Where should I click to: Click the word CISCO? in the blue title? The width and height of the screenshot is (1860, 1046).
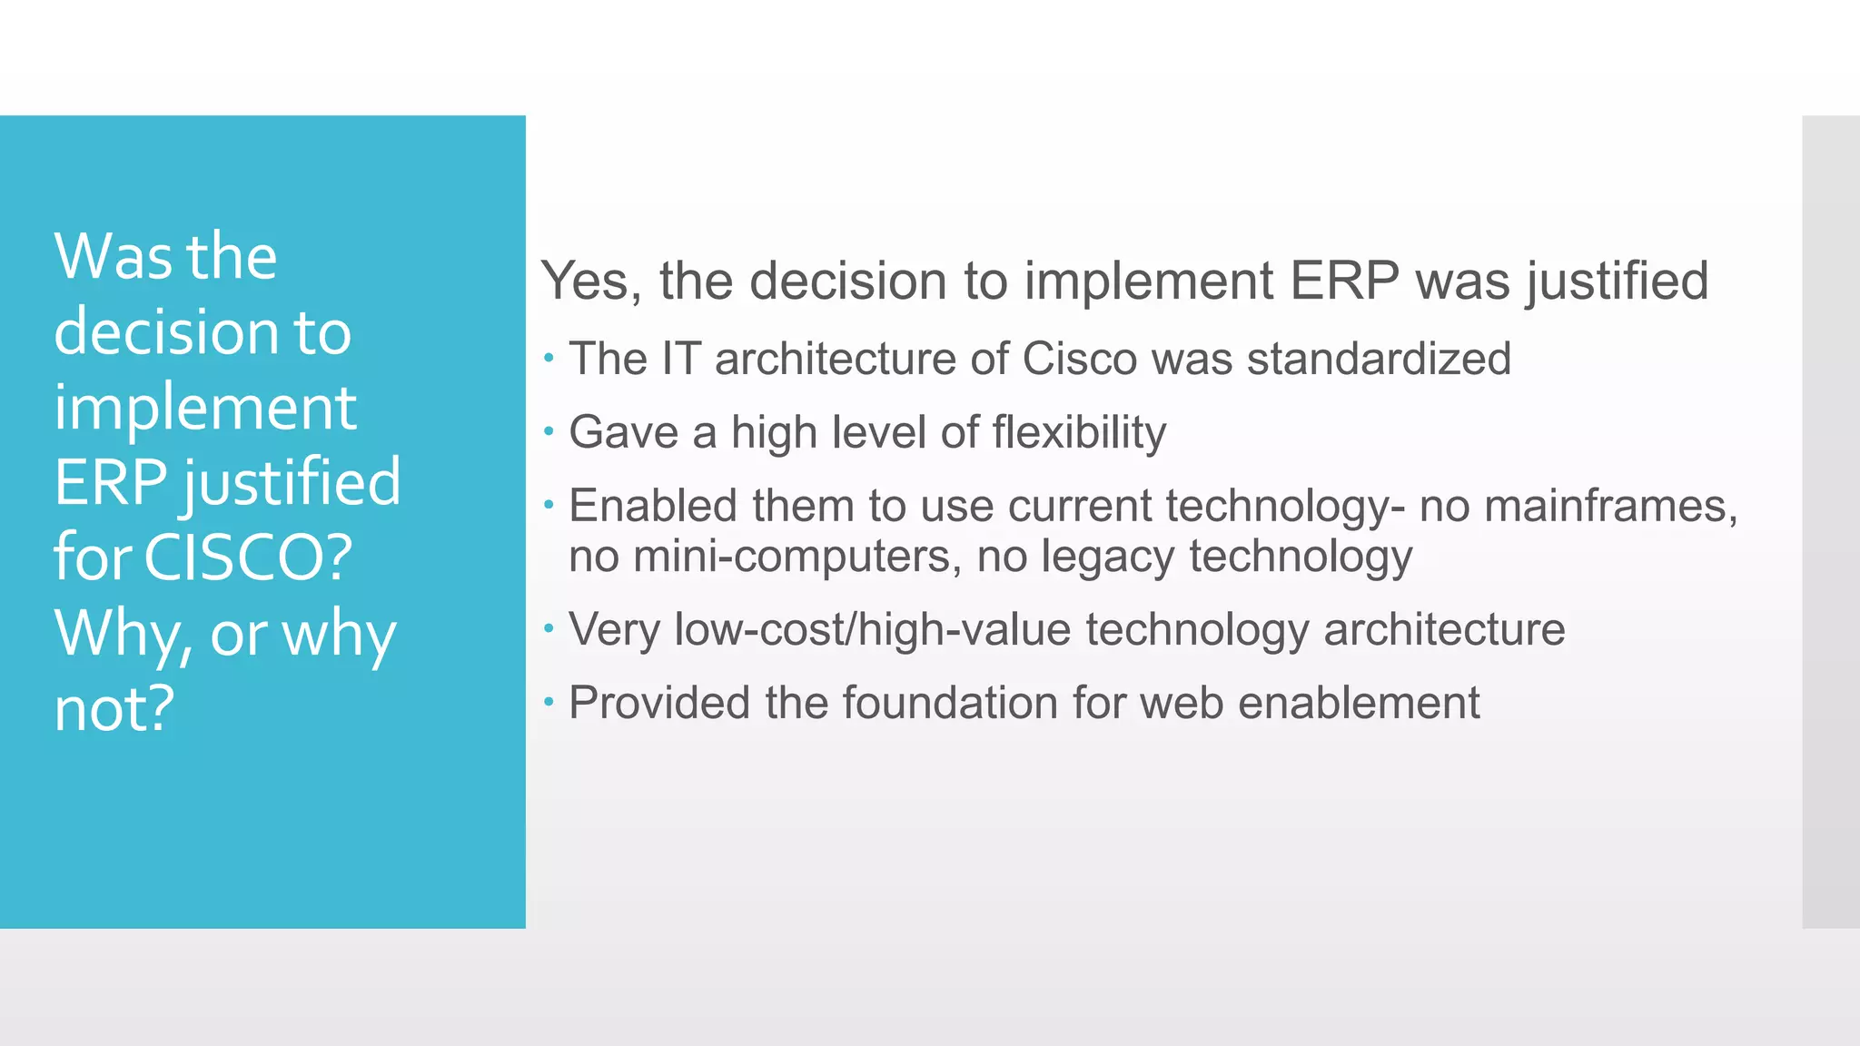tap(248, 557)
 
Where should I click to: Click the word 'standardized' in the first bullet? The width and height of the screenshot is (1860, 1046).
tap(1379, 359)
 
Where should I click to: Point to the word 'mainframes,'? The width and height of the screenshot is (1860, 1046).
tap(1610, 506)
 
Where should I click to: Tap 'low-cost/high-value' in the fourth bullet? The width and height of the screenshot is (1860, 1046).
tap(872, 629)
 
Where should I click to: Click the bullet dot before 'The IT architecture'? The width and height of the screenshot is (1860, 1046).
tap(549, 358)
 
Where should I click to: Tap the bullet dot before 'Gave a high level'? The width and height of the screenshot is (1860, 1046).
tap(549, 431)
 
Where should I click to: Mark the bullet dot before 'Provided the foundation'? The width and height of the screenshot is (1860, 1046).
tap(549, 702)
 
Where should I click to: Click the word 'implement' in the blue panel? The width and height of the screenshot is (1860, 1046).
tap(205, 408)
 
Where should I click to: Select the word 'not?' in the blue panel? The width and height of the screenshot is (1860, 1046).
tap(114, 708)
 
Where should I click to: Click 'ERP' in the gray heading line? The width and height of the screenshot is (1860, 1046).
tap(1345, 281)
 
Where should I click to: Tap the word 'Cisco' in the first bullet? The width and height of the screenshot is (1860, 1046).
tap(1079, 359)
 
